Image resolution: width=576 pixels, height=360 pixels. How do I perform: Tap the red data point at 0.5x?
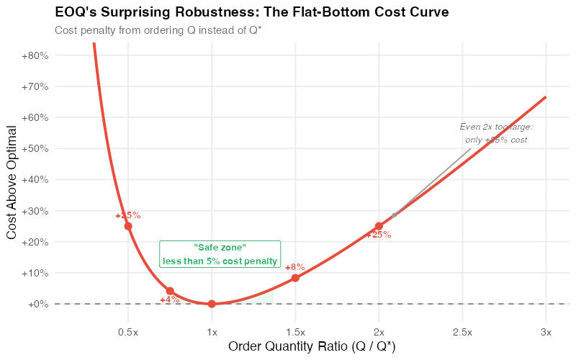coord(128,226)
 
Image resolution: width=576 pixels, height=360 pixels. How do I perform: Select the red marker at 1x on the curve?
coord(212,304)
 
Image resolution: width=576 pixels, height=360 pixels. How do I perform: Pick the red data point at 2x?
coord(379,226)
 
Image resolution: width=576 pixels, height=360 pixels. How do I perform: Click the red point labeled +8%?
coord(295,278)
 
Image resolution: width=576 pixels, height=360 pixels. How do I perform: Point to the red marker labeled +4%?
coord(170,291)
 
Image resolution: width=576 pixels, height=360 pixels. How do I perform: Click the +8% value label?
coord(294,267)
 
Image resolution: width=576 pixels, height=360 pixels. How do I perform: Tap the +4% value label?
coord(170,300)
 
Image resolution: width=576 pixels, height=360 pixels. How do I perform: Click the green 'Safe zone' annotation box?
coord(220,254)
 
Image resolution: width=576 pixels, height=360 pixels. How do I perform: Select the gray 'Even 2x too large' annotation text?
coord(496,133)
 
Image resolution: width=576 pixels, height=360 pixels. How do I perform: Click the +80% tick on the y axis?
coord(35,55)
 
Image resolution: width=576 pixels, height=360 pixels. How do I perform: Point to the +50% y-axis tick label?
coord(35,148)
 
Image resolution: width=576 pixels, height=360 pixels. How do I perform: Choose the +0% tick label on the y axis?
coord(37,304)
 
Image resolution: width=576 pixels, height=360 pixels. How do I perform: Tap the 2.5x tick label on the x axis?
coord(462,332)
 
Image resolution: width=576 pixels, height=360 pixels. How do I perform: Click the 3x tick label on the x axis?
coord(546,332)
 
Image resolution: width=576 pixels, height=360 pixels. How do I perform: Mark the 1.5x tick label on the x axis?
coord(295,332)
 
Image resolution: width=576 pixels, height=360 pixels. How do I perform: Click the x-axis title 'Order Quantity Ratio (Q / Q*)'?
coord(312,347)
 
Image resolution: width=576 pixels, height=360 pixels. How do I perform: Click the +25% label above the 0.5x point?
coord(128,215)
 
